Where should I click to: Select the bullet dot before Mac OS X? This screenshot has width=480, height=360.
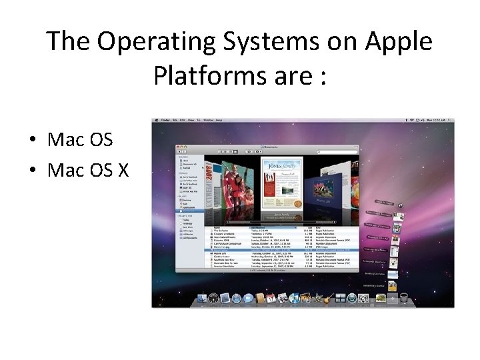(32, 171)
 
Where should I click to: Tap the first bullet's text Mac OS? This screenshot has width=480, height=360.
(80, 141)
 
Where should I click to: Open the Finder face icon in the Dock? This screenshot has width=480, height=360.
(202, 298)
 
